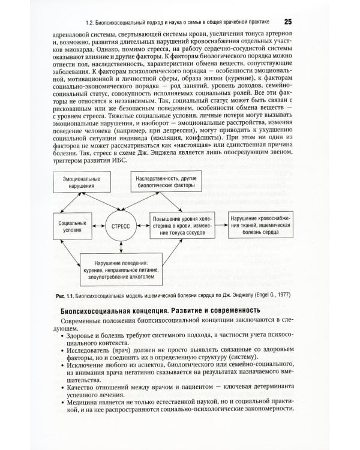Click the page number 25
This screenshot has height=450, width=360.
pos(287,22)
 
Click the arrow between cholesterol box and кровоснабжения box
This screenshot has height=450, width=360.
pos(218,226)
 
